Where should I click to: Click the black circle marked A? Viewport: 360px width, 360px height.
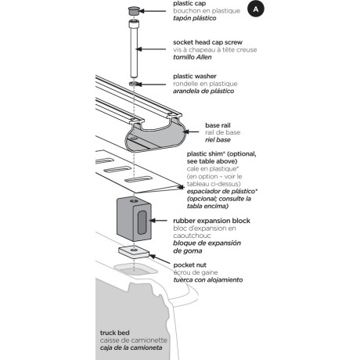(x=256, y=9)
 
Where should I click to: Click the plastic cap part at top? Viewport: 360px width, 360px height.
(x=134, y=11)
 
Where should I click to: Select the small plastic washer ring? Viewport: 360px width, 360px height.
(x=134, y=84)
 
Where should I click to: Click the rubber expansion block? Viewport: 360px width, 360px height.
(x=134, y=219)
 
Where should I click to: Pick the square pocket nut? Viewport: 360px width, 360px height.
(x=134, y=252)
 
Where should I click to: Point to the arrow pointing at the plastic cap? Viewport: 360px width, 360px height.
(x=153, y=11)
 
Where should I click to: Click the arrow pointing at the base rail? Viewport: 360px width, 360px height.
(x=191, y=131)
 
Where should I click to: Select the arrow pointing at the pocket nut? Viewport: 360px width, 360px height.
(x=160, y=259)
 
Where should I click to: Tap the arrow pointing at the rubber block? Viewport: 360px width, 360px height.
(x=158, y=221)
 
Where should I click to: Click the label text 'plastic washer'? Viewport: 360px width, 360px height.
(x=195, y=76)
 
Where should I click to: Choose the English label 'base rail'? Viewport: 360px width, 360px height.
(x=218, y=125)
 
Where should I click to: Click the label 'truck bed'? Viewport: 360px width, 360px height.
(x=114, y=333)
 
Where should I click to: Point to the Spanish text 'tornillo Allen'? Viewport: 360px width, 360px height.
(x=193, y=57)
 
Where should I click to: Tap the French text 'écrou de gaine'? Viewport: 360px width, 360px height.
(x=196, y=272)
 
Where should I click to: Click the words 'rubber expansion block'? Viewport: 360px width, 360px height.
(x=211, y=221)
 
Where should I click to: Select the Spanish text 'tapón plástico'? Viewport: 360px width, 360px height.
(x=195, y=18)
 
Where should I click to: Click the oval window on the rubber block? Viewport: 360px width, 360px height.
(x=142, y=222)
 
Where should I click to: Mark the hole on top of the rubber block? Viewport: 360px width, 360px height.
(x=134, y=201)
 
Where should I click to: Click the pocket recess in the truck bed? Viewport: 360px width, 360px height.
(x=135, y=268)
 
